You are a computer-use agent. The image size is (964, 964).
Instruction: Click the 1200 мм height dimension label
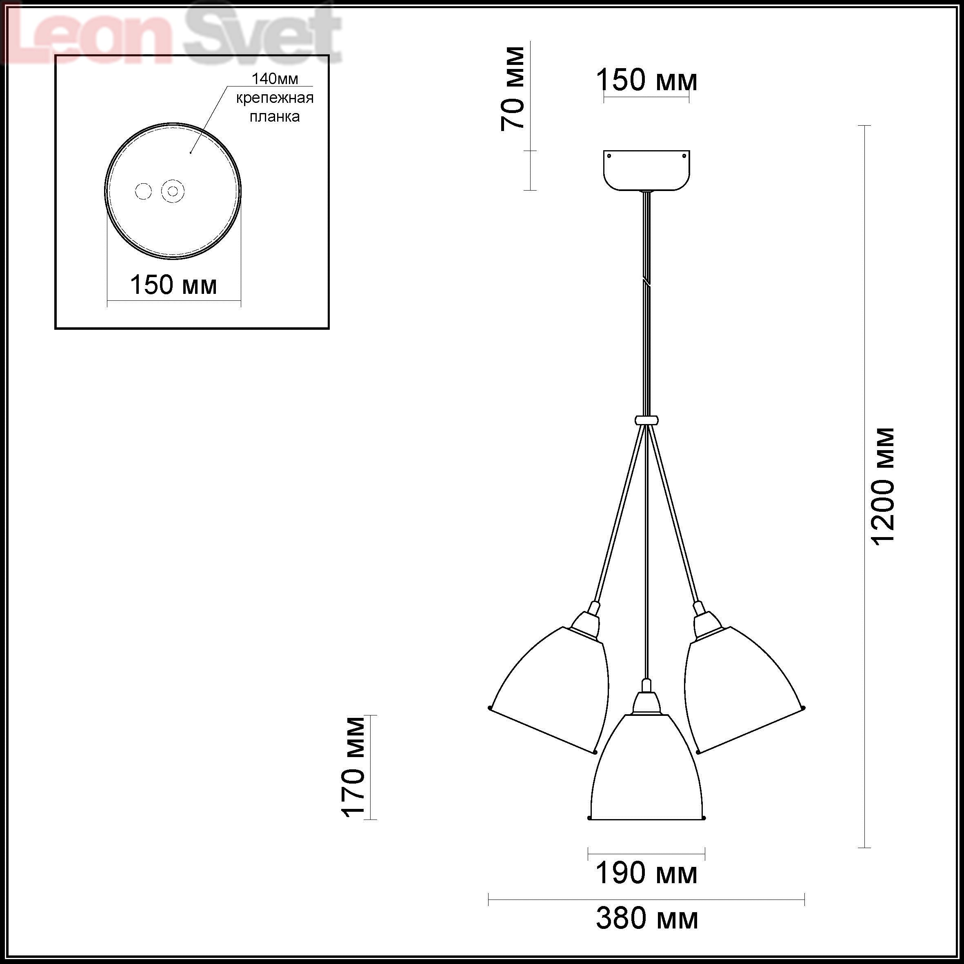(884, 486)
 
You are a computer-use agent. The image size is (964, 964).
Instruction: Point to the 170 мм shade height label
(354, 767)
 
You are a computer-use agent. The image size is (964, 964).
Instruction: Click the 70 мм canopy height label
(513, 89)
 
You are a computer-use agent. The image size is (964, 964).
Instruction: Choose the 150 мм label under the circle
(173, 285)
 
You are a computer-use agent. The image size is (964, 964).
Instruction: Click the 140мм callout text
(275, 79)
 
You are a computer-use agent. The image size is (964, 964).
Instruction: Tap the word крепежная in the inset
(275, 98)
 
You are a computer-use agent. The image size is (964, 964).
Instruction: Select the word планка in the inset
(275, 117)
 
